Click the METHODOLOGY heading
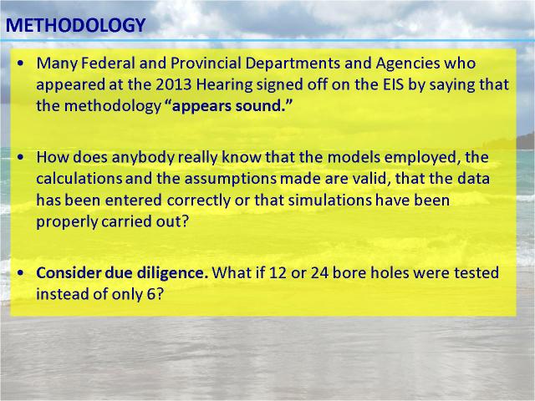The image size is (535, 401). [x=76, y=25]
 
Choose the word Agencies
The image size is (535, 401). [x=408, y=63]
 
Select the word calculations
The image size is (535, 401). [x=79, y=179]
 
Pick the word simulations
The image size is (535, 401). [x=329, y=200]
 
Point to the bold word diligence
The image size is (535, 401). [x=172, y=273]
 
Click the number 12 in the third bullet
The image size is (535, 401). [x=278, y=273]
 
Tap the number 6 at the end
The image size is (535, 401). [x=151, y=294]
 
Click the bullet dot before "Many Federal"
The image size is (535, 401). [x=21, y=63]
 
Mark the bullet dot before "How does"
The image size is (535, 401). [x=21, y=157]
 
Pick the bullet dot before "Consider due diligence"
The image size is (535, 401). [x=21, y=273]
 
